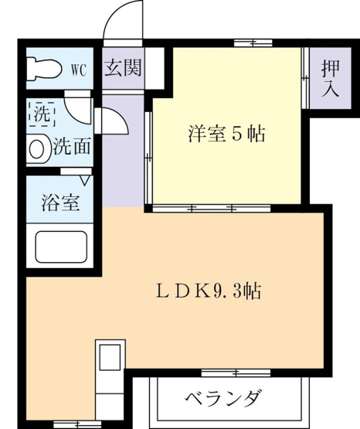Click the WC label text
[79, 70]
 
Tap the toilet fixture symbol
[43, 68]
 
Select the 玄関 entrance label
[123, 67]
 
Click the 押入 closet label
[330, 79]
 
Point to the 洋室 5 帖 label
[226, 134]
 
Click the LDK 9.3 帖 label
[209, 291]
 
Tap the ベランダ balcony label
[222, 398]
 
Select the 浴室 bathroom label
[60, 203]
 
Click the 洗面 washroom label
[72, 146]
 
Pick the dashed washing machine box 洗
[42, 114]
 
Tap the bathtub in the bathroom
[61, 247]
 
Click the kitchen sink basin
[110, 357]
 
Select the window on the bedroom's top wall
[253, 43]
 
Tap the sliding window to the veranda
[236, 373]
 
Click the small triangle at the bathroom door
[86, 181]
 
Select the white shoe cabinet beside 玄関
[155, 68]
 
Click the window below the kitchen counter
[77, 424]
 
